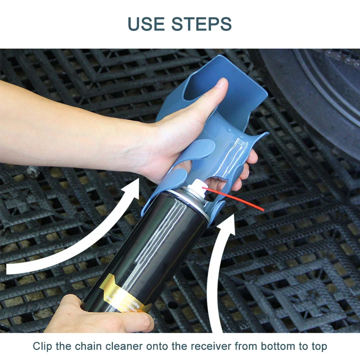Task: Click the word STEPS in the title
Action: [201, 23]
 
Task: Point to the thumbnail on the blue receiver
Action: [222, 83]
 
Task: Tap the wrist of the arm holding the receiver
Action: [144, 144]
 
